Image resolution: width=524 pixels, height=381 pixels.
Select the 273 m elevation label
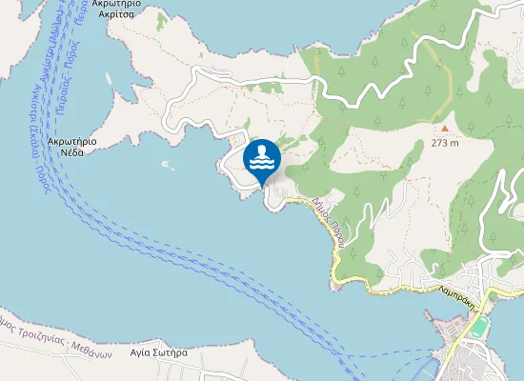pyautogui.click(x=444, y=144)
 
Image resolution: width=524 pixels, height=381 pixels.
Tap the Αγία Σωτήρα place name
pyautogui.click(x=158, y=352)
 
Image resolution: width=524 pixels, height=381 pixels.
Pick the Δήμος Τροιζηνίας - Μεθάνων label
pyautogui.click(x=57, y=335)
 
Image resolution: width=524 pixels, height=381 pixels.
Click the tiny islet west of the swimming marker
pyautogui.click(x=168, y=164)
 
